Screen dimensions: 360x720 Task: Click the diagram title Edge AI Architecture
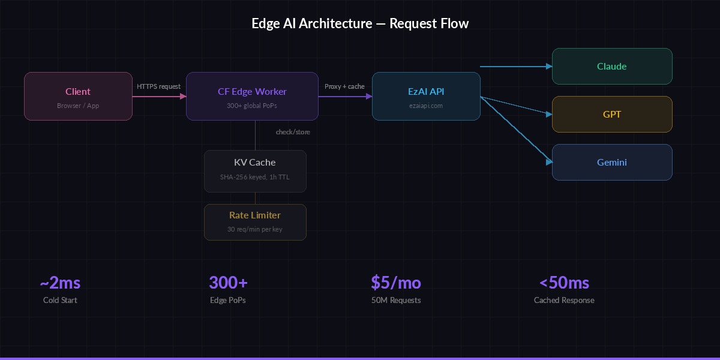(360, 23)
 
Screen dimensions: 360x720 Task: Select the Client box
(78, 96)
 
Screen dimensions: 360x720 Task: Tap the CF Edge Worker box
(252, 96)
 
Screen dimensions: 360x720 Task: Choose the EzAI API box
(426, 96)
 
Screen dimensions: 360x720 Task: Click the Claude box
(612, 66)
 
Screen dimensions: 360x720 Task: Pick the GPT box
(612, 114)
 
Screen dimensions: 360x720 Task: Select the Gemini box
(612, 162)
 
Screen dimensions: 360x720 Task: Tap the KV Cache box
(255, 171)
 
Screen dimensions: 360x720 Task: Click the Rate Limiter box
(255, 222)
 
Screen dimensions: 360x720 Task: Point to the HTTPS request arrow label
(158, 86)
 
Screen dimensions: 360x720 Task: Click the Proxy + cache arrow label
(344, 86)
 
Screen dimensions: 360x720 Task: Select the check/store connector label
(293, 131)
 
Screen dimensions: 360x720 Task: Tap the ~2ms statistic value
(60, 283)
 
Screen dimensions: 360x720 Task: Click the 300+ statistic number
(228, 283)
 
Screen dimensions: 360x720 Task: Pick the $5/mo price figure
(396, 283)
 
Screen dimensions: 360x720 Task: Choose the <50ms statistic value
(564, 283)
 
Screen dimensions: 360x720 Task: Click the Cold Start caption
(60, 300)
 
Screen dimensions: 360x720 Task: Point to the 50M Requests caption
(396, 300)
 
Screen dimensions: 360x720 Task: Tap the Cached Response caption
(564, 300)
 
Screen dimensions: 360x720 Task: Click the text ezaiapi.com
(426, 106)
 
